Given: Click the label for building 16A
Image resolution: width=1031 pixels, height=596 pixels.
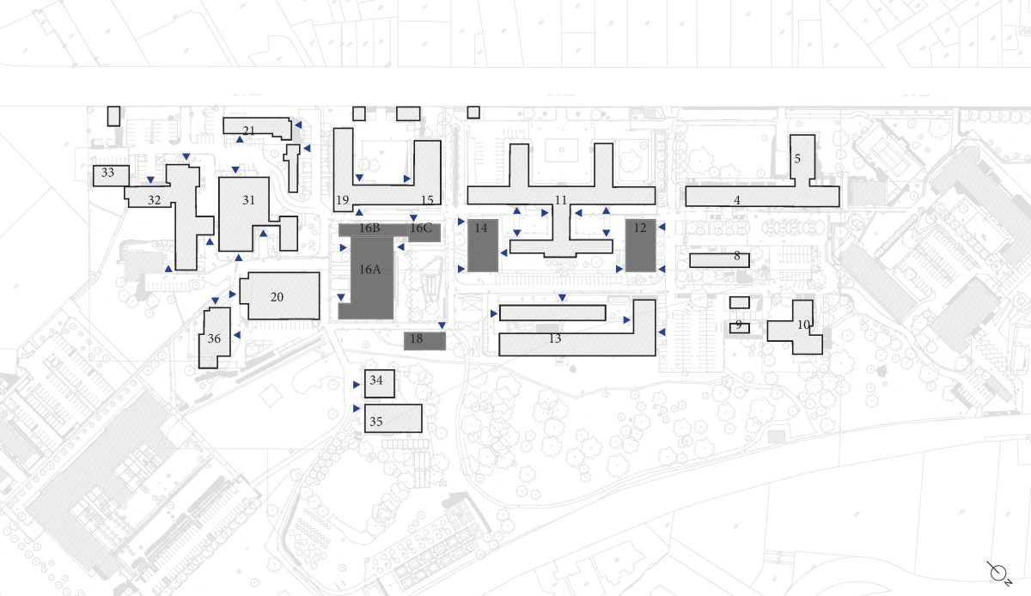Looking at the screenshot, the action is pyautogui.click(x=370, y=270).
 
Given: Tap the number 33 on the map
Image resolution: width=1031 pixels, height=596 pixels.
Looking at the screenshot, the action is pyautogui.click(x=107, y=173).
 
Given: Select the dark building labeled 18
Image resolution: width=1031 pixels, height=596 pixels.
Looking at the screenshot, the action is pyautogui.click(x=424, y=341).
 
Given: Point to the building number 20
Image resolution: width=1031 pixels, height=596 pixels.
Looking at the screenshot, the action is pyautogui.click(x=277, y=297).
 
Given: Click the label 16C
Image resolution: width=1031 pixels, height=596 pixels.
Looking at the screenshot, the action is pyautogui.click(x=421, y=228).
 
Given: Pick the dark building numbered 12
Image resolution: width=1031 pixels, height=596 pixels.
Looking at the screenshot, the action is pyautogui.click(x=641, y=246).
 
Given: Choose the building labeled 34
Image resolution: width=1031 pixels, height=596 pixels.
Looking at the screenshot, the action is pyautogui.click(x=380, y=383).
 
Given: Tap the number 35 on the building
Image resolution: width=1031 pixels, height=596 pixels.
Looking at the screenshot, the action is pyautogui.click(x=376, y=421).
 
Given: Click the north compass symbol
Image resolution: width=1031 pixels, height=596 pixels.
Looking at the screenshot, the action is pyautogui.click(x=998, y=574).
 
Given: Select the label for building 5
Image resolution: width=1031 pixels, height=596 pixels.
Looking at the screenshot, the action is pyautogui.click(x=797, y=158).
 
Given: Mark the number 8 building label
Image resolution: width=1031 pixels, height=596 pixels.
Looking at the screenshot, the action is pyautogui.click(x=737, y=255).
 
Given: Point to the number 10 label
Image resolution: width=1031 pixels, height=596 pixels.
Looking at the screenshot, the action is pyautogui.click(x=803, y=325).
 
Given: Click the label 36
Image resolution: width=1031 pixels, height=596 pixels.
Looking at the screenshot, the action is pyautogui.click(x=214, y=338).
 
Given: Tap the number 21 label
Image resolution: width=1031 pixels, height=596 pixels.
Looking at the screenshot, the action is pyautogui.click(x=248, y=131).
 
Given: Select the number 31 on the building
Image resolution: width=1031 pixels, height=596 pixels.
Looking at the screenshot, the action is pyautogui.click(x=248, y=200).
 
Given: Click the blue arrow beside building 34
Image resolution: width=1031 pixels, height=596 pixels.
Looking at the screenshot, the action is pyautogui.click(x=357, y=384).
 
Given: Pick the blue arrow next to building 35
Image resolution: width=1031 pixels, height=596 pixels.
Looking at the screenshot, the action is pyautogui.click(x=357, y=408).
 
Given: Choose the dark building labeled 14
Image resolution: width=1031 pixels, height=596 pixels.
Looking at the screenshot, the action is pyautogui.click(x=483, y=246).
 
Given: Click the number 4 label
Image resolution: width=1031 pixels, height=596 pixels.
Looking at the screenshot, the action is pyautogui.click(x=737, y=200).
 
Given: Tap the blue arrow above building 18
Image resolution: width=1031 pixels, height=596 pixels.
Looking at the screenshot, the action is pyautogui.click(x=442, y=325).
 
